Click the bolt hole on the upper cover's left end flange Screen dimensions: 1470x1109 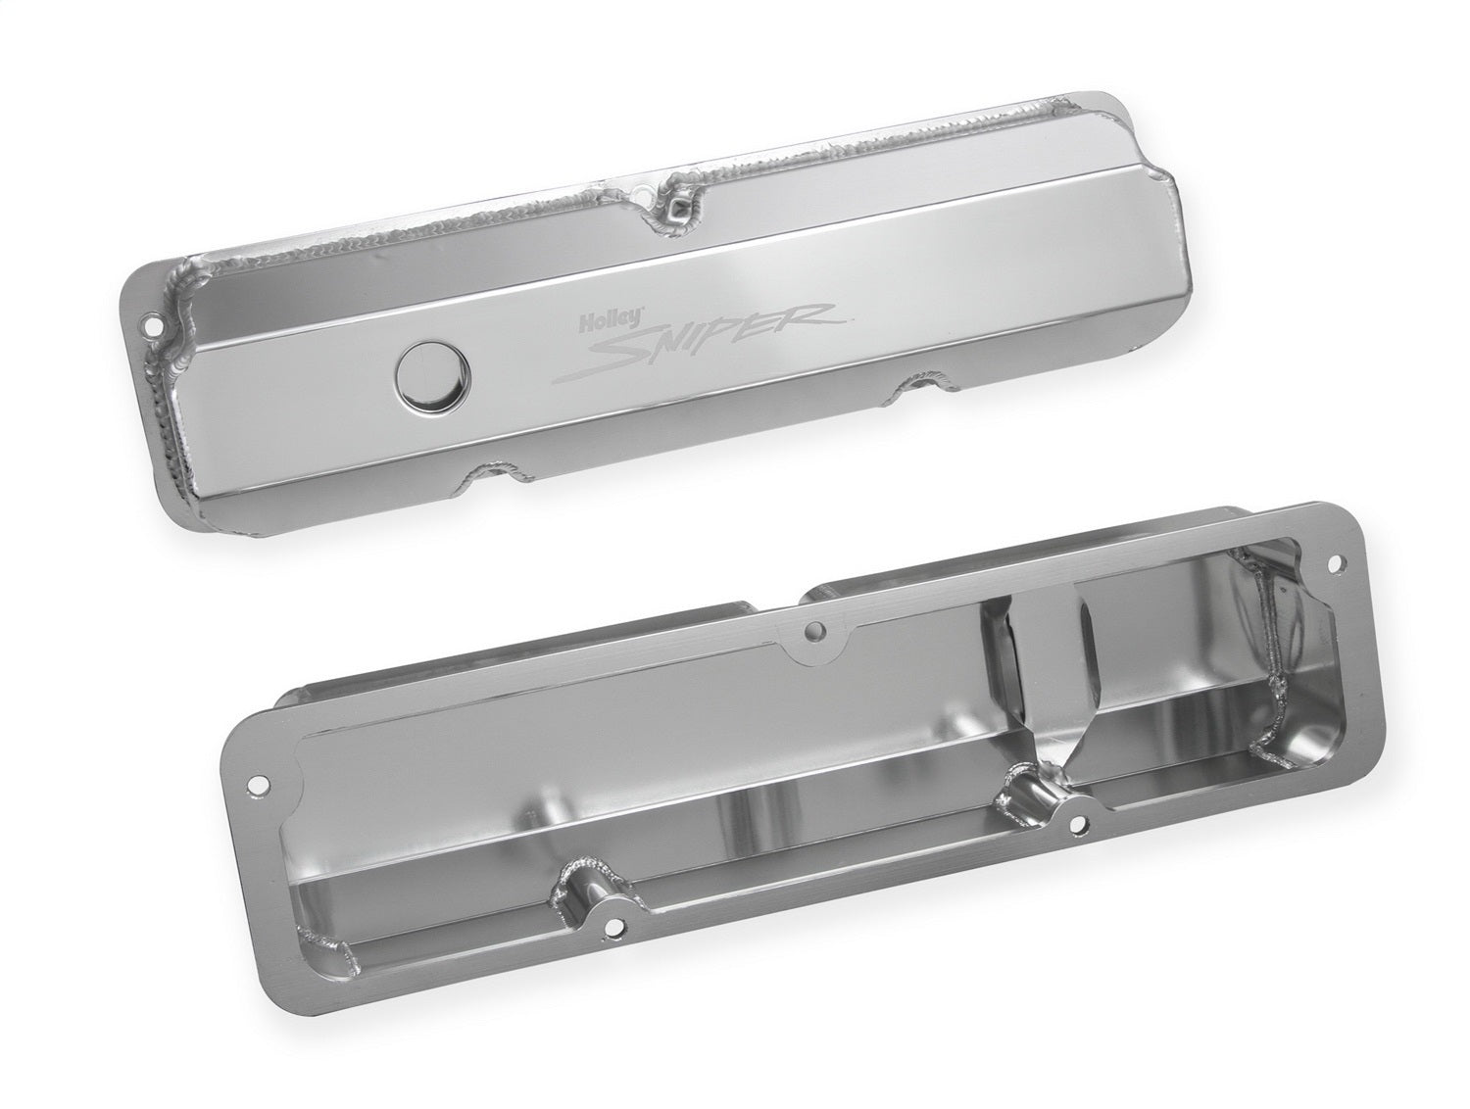(151, 328)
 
